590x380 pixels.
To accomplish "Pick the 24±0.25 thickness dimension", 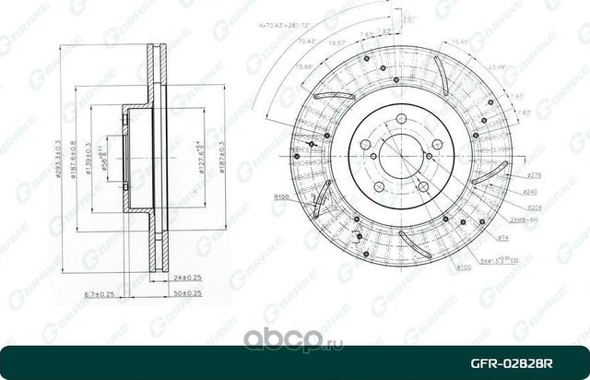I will click(x=187, y=276).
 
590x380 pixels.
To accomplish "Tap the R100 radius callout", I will click(x=281, y=197).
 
